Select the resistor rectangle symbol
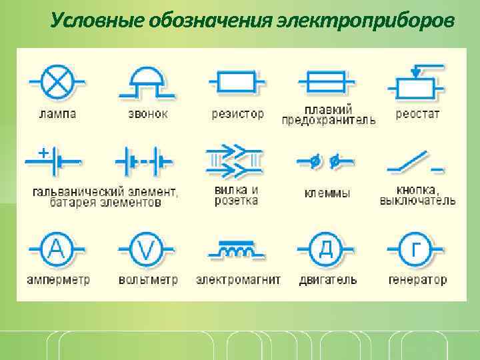236,82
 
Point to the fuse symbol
325,82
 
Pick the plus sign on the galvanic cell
43,153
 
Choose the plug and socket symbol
235,161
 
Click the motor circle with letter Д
326,250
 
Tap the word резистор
237,114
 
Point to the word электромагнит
238,279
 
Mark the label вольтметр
148,279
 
